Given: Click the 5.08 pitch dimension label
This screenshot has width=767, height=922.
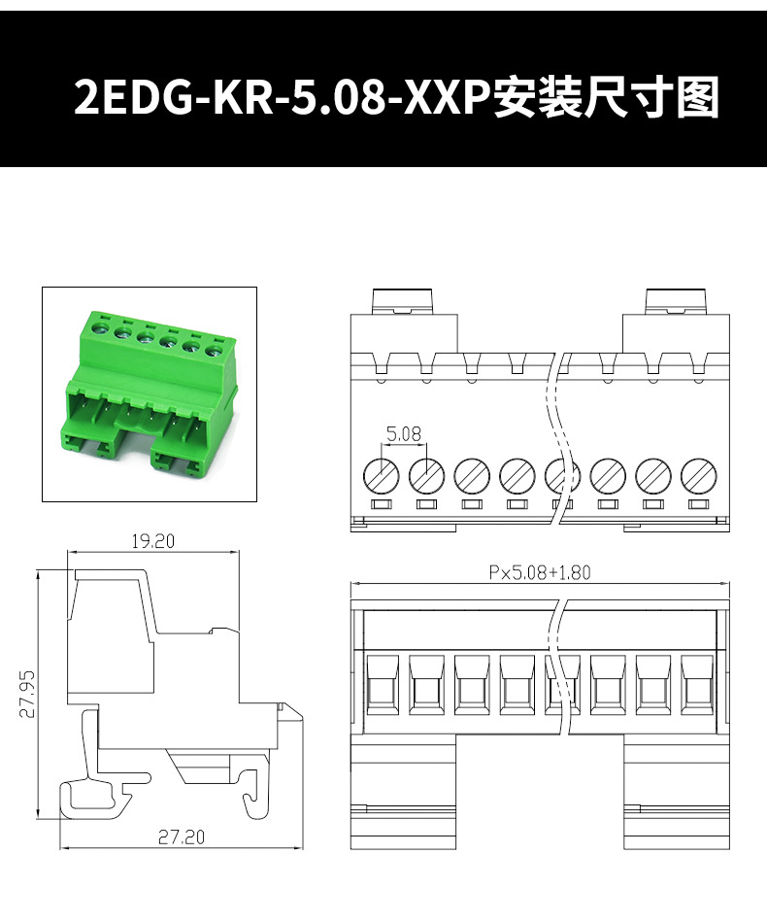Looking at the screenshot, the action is tap(404, 434).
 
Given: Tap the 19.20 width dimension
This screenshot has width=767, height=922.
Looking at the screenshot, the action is tap(152, 541).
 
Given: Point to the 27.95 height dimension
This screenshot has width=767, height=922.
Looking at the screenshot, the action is tap(27, 694).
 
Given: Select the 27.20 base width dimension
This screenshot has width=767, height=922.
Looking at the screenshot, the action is tap(182, 837).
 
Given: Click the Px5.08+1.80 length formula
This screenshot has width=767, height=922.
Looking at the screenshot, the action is tap(540, 572).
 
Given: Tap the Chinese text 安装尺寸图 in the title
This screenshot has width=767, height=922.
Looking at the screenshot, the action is tap(607, 97).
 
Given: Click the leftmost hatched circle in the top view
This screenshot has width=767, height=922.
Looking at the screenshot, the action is tap(381, 476).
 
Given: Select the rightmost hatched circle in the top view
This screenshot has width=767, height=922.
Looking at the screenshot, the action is tap(698, 476).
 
